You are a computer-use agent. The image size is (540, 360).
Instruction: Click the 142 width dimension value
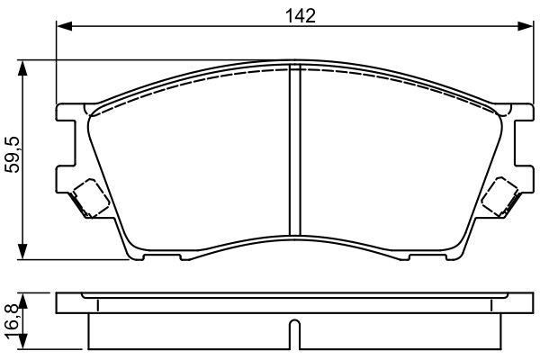301,16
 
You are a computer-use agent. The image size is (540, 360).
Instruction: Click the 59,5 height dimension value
13,155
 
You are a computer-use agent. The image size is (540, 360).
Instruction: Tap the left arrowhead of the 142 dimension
65,26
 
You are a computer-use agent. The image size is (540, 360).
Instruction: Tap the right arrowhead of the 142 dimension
526,26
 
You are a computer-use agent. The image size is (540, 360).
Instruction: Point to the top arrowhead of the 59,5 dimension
22,68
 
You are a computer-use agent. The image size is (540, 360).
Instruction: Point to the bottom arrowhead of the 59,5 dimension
22,251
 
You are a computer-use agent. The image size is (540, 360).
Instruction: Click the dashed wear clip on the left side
91,197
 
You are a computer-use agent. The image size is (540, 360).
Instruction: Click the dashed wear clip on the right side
499,196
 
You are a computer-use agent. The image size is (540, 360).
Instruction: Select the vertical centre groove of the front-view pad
295,150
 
